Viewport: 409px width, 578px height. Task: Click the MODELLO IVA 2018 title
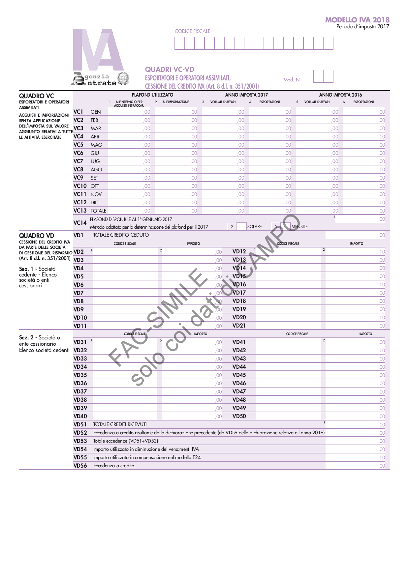click(x=357, y=20)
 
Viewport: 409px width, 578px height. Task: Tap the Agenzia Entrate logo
click(x=100, y=79)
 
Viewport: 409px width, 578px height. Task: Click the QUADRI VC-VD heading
click(x=170, y=70)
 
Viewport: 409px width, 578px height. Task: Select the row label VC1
click(x=78, y=112)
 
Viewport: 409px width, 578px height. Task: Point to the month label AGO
click(x=96, y=170)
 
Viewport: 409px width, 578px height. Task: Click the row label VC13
click(x=80, y=211)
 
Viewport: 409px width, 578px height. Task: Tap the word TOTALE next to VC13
click(x=98, y=211)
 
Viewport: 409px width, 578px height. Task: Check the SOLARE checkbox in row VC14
click(x=242, y=227)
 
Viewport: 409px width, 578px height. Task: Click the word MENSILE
click(x=299, y=227)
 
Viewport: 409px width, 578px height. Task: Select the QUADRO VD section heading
click(x=37, y=236)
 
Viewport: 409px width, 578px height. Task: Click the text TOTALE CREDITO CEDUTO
click(x=121, y=235)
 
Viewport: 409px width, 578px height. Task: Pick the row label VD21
click(x=239, y=326)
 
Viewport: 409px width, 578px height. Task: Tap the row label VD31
click(x=80, y=342)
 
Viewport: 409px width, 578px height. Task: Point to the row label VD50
click(x=239, y=416)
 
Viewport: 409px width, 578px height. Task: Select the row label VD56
click(x=80, y=466)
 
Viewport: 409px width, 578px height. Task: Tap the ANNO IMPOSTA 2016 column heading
click(x=340, y=95)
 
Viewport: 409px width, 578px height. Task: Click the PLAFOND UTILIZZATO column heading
click(x=152, y=95)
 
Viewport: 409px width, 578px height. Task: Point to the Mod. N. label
click(x=292, y=80)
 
